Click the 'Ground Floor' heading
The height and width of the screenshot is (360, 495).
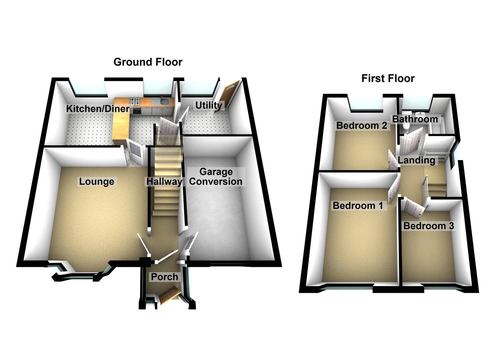point(148,62)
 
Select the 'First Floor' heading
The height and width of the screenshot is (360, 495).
point(388,78)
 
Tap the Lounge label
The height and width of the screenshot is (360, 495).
point(96,182)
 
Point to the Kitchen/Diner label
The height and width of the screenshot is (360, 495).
point(97,108)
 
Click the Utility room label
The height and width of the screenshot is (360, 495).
point(208,105)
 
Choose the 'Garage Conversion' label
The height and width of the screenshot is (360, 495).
point(216,177)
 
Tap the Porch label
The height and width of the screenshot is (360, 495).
point(164,277)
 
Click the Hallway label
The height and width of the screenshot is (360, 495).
point(164,182)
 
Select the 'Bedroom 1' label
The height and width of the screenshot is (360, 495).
point(358,205)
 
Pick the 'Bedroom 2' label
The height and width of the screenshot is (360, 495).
point(361,125)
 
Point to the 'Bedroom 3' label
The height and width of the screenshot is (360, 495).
point(428,226)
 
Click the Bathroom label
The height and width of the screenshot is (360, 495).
point(415,119)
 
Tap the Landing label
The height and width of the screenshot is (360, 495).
point(416,160)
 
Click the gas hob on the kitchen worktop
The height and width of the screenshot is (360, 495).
point(135,100)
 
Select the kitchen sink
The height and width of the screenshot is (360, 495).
point(163,101)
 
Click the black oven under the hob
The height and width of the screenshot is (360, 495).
point(136,110)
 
